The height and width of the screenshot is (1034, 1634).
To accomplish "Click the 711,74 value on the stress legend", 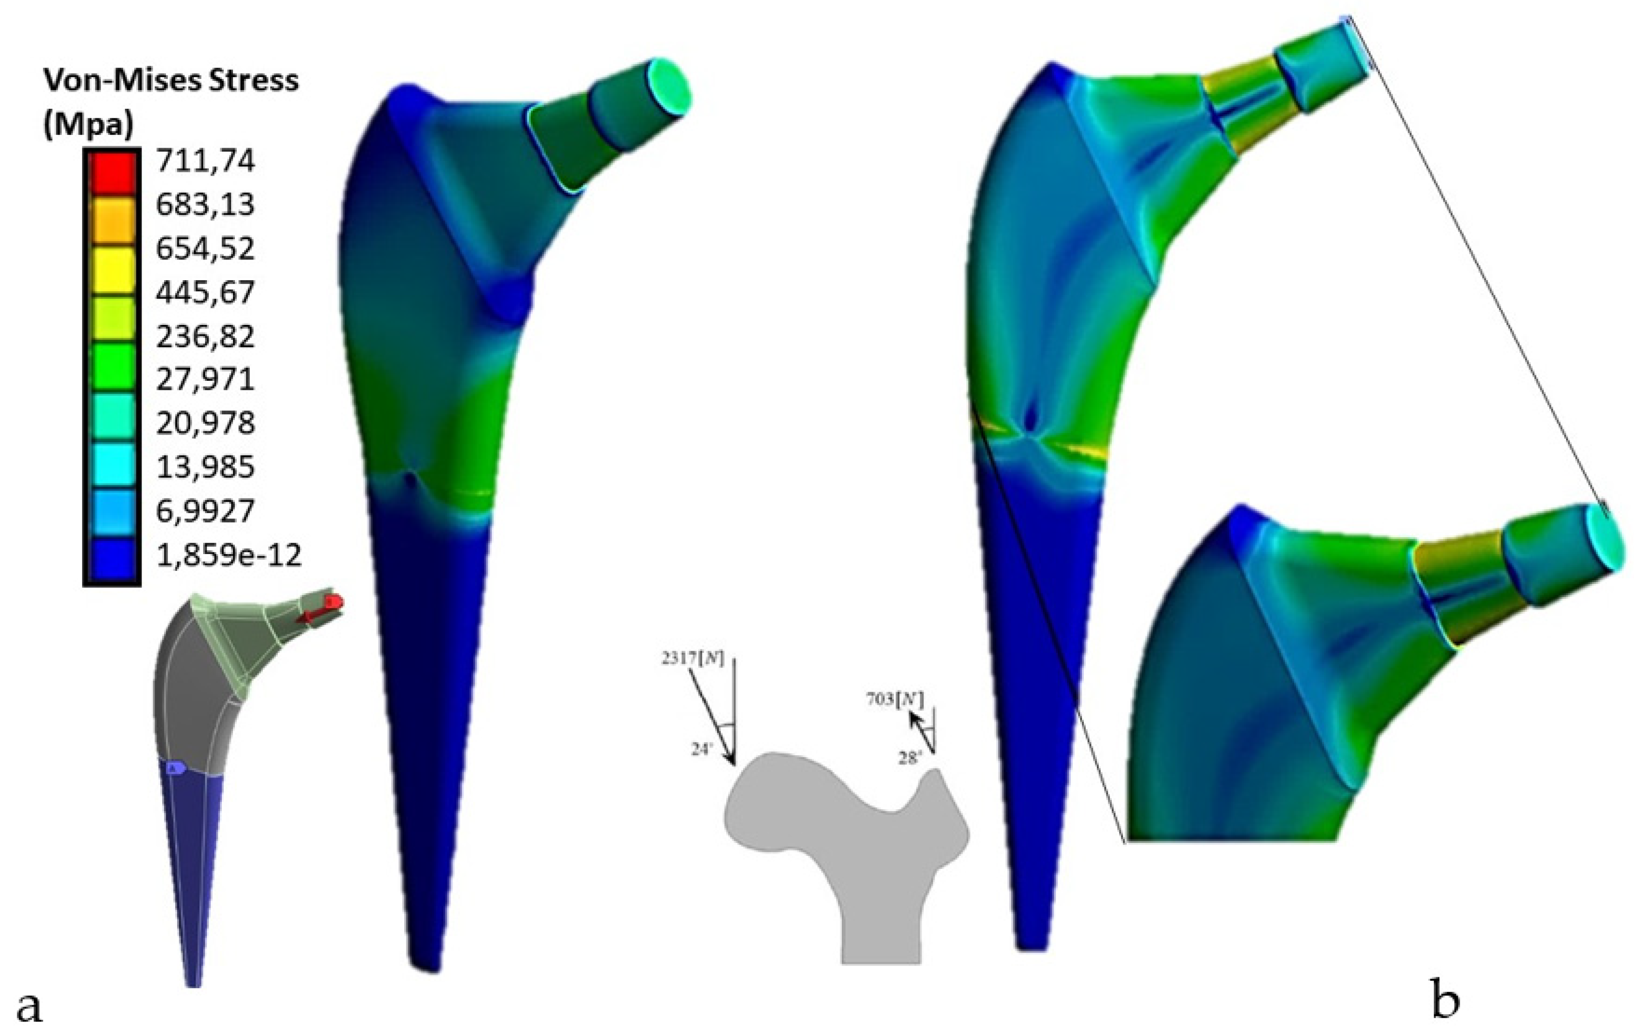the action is [205, 161].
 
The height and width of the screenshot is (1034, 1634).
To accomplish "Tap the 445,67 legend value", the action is [205, 292].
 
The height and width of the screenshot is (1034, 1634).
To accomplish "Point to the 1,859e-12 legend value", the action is [228, 556].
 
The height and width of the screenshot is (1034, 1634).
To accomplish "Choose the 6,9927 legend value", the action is [205, 510].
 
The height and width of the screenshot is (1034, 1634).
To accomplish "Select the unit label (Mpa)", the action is [88, 126].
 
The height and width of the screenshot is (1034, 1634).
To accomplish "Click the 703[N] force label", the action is [894, 699].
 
